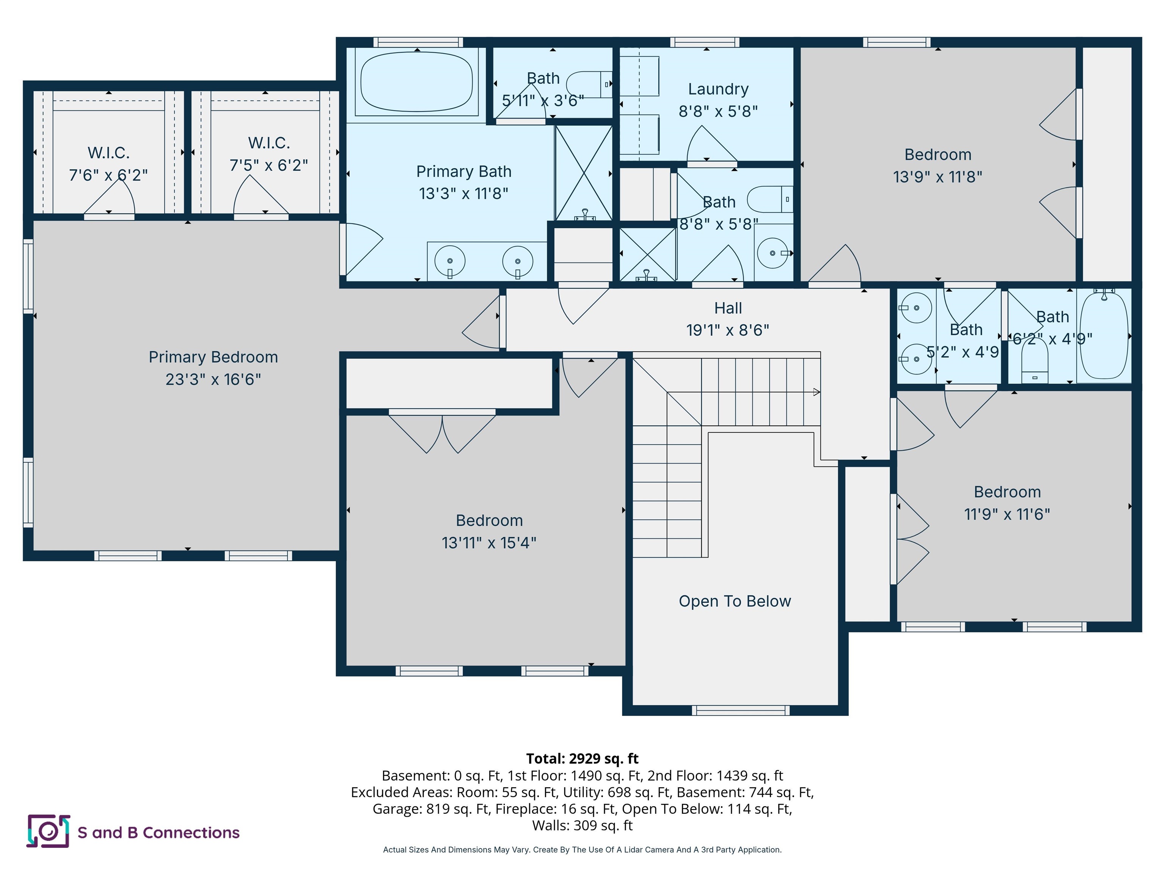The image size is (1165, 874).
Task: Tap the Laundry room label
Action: (x=718, y=89)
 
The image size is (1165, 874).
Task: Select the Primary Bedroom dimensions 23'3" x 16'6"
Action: (x=213, y=379)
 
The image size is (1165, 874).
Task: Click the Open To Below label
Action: (x=735, y=601)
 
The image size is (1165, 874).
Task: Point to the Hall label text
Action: (x=728, y=308)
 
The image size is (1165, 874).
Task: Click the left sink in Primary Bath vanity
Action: (x=450, y=261)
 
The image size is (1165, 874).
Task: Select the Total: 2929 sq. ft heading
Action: (x=582, y=759)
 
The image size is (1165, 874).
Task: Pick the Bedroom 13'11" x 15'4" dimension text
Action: (x=489, y=542)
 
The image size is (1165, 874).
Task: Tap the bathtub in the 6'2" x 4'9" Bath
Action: (x=1104, y=336)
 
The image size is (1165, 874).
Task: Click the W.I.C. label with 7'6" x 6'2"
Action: (x=108, y=153)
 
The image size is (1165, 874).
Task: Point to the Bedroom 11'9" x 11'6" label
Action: (x=1007, y=492)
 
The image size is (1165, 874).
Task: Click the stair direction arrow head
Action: (x=816, y=392)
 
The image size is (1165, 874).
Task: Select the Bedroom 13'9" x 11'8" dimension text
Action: (x=937, y=177)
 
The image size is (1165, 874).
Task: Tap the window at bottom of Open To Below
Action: (x=741, y=710)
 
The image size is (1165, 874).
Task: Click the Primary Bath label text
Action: (x=463, y=172)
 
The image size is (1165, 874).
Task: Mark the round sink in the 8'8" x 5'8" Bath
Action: (x=772, y=253)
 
